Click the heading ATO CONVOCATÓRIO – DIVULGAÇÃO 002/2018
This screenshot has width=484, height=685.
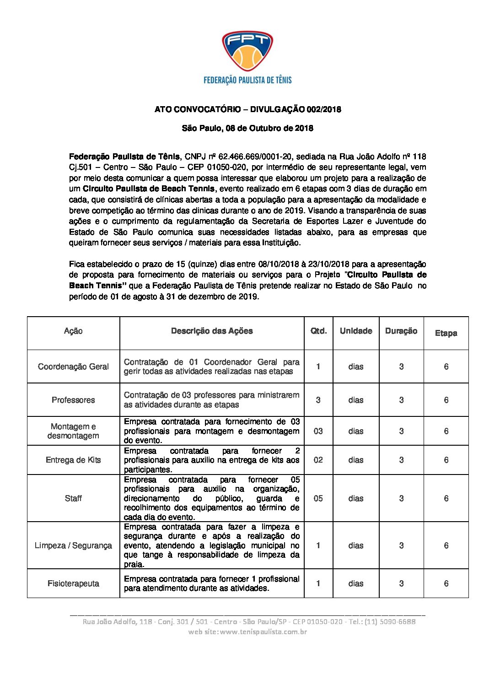click(247, 109)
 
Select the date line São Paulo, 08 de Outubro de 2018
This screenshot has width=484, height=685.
click(247, 128)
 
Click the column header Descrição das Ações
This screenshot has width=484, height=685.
click(212, 331)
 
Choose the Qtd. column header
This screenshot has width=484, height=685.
click(318, 331)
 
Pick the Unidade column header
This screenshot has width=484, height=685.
click(356, 331)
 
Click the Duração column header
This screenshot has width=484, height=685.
click(401, 331)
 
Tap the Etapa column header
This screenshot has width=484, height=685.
click(446, 333)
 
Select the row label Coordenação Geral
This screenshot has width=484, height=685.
click(73, 367)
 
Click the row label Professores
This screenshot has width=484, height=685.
click(73, 400)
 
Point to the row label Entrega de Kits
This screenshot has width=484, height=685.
click(73, 460)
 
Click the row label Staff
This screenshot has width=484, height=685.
click(73, 498)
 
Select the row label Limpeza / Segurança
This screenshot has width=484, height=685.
click(73, 545)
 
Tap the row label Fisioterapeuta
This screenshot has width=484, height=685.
click(73, 583)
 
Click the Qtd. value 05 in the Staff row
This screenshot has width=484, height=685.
click(318, 498)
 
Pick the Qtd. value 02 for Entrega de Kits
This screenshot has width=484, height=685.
click(318, 460)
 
